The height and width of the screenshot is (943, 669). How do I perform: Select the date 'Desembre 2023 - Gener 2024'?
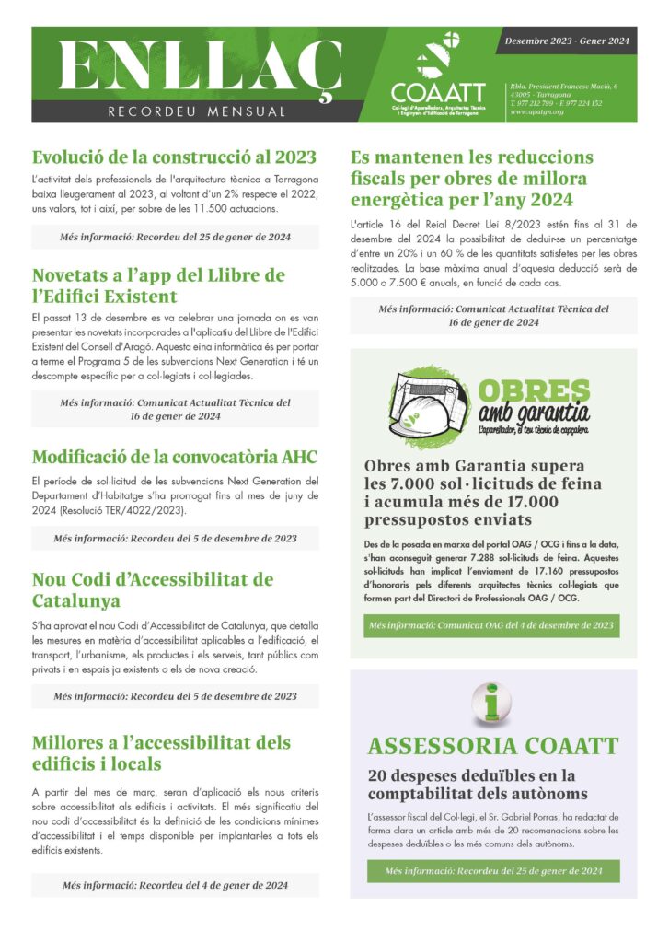pyautogui.click(x=568, y=41)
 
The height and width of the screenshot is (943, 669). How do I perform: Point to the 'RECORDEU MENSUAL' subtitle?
pyautogui.click(x=196, y=112)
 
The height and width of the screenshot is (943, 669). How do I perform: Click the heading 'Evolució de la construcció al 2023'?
pyautogui.click(x=174, y=157)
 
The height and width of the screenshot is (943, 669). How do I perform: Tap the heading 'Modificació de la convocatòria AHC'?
pyautogui.click(x=175, y=457)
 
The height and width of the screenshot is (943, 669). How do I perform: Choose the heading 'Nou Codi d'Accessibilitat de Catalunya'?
pyautogui.click(x=152, y=590)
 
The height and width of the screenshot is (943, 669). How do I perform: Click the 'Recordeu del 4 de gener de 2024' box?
pyautogui.click(x=175, y=886)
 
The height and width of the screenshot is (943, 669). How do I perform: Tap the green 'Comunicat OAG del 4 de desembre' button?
pyautogui.click(x=490, y=625)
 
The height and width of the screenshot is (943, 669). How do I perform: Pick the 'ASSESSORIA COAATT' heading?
pyautogui.click(x=493, y=747)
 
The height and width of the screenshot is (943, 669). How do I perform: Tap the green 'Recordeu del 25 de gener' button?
pyautogui.click(x=492, y=870)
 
